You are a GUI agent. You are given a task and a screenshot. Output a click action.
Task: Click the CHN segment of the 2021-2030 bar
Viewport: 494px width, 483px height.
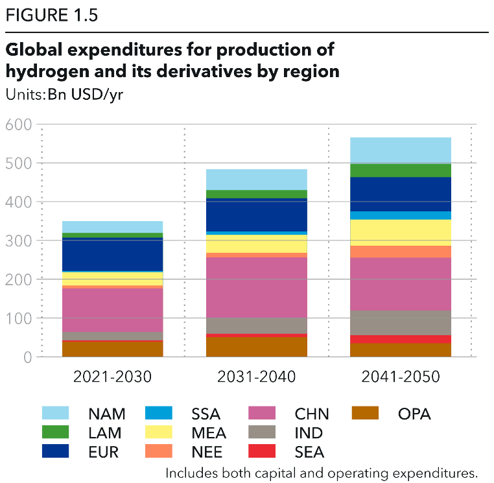tap(113, 310)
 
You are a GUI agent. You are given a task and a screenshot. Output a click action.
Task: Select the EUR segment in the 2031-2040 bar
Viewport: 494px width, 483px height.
tap(257, 215)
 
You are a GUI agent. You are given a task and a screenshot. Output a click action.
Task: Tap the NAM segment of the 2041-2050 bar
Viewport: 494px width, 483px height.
tap(401, 150)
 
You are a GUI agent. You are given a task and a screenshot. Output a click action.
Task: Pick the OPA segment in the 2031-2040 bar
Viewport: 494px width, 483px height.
tap(257, 347)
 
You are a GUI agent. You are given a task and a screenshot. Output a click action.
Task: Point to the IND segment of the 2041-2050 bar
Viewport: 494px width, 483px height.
tap(401, 323)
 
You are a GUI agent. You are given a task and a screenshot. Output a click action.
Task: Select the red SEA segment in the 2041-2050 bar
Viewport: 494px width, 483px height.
tap(401, 339)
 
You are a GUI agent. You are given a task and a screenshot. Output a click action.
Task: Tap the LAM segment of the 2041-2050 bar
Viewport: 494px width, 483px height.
tap(401, 171)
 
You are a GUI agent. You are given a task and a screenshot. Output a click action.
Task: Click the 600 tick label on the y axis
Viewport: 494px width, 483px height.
tap(19, 124)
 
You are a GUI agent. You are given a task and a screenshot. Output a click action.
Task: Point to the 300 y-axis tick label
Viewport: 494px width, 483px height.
tap(19, 241)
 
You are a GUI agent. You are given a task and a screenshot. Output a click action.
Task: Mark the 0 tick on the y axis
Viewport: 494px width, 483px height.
tap(27, 357)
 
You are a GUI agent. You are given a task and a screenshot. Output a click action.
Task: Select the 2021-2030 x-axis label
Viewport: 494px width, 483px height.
tap(113, 377)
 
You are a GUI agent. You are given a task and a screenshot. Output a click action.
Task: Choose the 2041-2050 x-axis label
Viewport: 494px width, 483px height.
tap(401, 377)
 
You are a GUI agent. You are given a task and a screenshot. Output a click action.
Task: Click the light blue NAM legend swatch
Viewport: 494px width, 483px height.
tap(55, 413)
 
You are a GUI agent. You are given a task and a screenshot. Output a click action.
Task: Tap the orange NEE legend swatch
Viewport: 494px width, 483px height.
tap(158, 451)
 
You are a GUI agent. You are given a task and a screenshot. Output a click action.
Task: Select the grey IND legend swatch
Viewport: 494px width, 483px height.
tap(263, 432)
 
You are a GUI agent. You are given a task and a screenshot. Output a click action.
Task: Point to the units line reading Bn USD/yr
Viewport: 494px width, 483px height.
tap(64, 94)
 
